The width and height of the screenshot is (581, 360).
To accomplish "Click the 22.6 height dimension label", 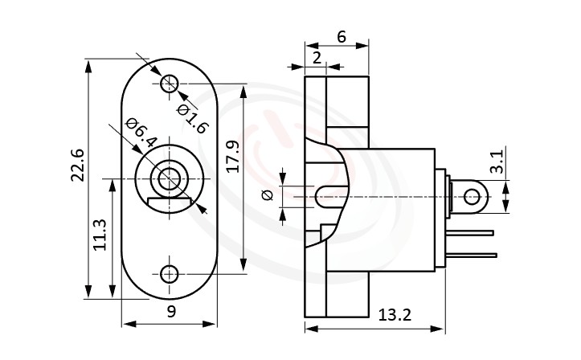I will (77, 165).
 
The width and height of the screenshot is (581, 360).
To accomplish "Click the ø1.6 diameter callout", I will (193, 117).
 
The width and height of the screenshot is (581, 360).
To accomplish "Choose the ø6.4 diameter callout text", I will (141, 135).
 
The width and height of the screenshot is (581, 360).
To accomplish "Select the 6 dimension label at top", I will (341, 36).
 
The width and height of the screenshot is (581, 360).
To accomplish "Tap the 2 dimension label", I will (317, 57).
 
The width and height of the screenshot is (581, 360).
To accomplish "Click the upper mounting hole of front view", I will (170, 83).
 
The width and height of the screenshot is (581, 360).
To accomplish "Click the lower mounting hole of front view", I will (170, 274).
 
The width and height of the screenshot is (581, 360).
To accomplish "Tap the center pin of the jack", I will (170, 178).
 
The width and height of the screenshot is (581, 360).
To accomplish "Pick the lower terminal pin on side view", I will (474, 256).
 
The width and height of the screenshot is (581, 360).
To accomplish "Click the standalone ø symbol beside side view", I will (268, 194).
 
